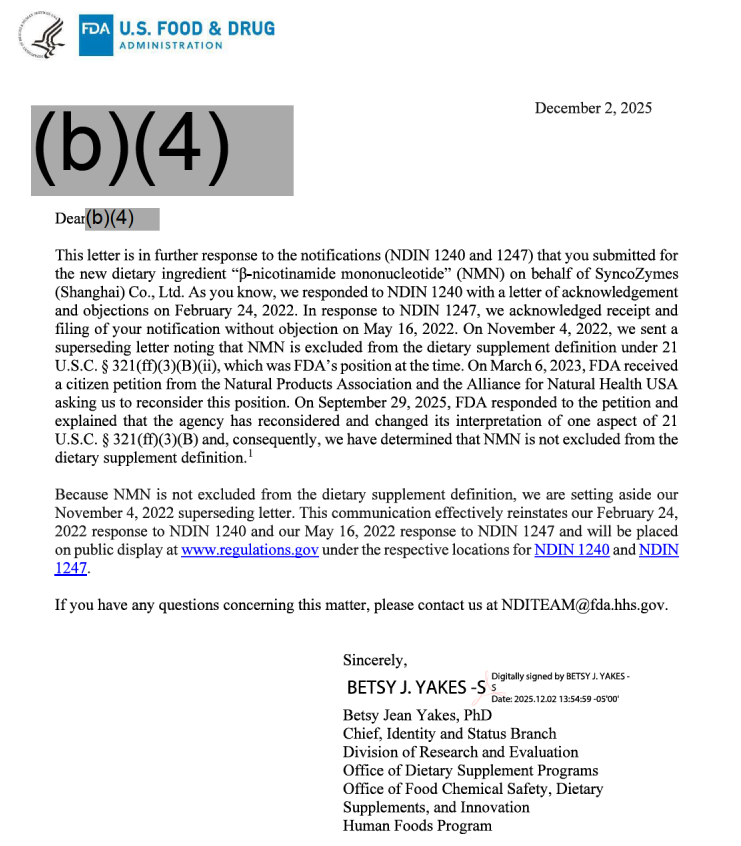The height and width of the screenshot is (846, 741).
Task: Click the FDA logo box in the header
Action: point(95,35)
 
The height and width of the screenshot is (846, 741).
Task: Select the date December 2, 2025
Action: point(593,108)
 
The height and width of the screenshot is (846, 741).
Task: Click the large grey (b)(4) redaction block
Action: point(161,150)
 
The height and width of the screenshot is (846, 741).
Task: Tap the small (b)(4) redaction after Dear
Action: point(122,218)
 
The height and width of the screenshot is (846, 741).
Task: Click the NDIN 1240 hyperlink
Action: point(572,550)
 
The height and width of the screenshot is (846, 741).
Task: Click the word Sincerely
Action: point(375,660)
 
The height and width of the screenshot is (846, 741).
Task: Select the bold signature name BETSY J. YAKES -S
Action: point(416,688)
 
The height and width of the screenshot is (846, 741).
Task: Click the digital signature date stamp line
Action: point(555,698)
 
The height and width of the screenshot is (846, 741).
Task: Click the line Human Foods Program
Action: point(417,826)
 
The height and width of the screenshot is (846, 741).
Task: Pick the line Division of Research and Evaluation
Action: point(460,752)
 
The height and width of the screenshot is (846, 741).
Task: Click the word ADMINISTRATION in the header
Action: point(171,45)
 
